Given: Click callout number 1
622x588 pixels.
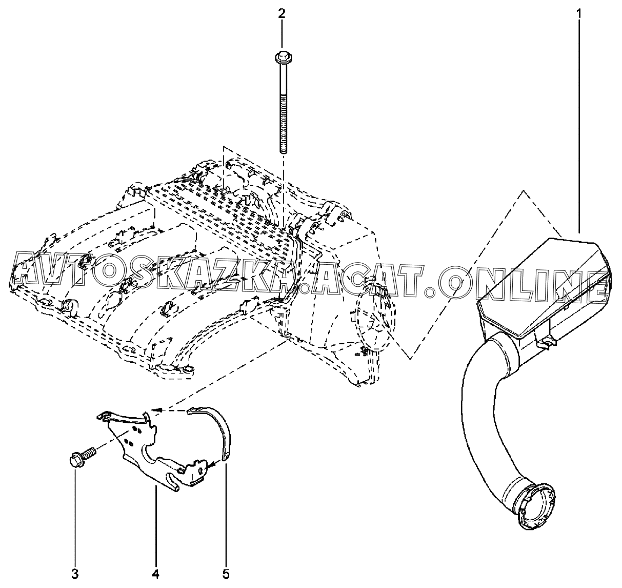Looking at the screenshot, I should click(x=579, y=14).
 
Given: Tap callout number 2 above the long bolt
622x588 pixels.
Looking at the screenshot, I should click(x=282, y=14).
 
